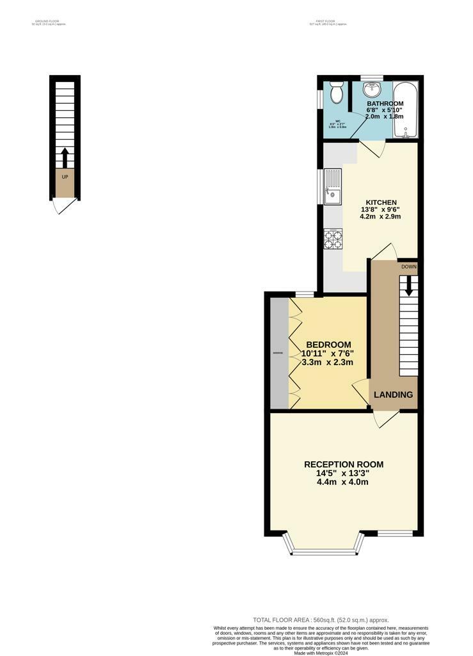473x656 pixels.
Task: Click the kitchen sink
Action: pyautogui.click(x=333, y=186)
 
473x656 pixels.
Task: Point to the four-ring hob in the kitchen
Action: pyautogui.click(x=333, y=239)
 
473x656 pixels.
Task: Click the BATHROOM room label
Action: pyautogui.click(x=385, y=104)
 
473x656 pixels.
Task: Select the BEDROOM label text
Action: pyautogui.click(x=328, y=344)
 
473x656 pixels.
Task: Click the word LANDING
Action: pyautogui.click(x=393, y=395)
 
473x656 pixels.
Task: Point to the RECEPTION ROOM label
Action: pyautogui.click(x=344, y=464)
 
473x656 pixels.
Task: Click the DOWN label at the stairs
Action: pyautogui.click(x=409, y=266)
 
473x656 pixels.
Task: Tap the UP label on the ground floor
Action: pyautogui.click(x=65, y=176)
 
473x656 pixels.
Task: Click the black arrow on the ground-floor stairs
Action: pyautogui.click(x=64, y=158)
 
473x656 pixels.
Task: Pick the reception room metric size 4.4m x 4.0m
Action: pyautogui.click(x=344, y=482)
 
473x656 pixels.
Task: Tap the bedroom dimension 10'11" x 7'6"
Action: pyautogui.click(x=328, y=353)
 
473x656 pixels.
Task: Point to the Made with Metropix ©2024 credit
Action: pyautogui.click(x=321, y=653)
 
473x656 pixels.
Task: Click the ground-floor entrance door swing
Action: pyautogui.click(x=62, y=206)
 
